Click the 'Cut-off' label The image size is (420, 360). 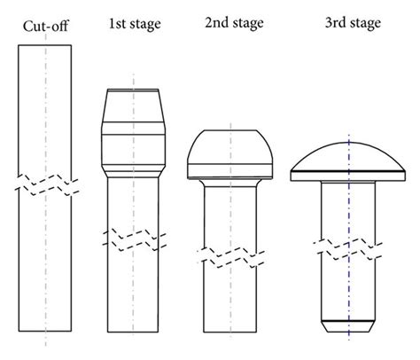[45, 24]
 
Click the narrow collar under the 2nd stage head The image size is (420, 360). [230, 182]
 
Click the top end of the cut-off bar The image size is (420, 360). [45, 45]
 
